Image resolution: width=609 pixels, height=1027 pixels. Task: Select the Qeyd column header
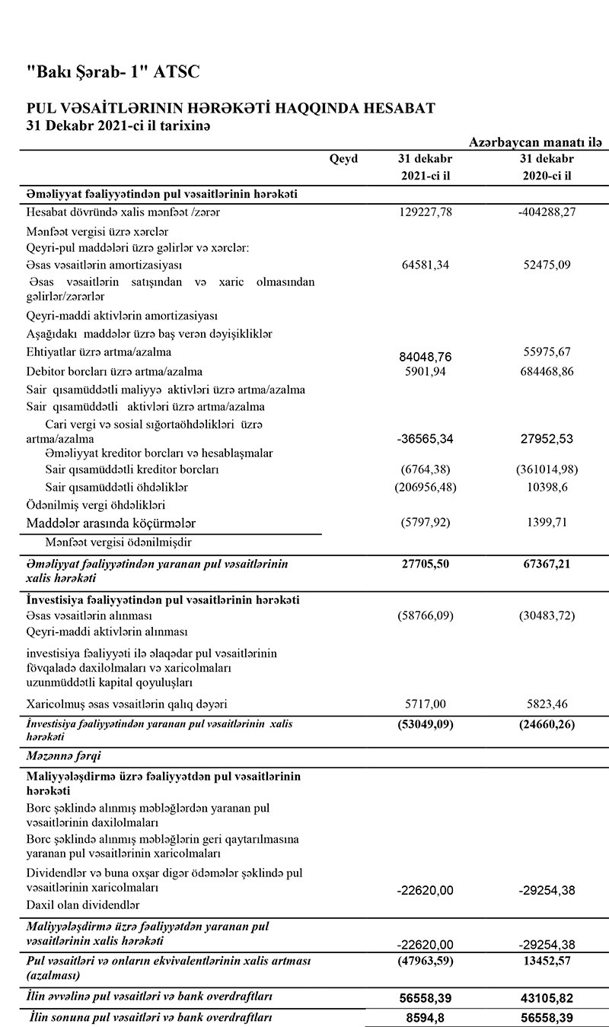(x=344, y=159)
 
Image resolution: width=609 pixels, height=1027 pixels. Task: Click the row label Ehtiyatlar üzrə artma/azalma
(x=99, y=352)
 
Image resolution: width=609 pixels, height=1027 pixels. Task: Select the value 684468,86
(x=546, y=371)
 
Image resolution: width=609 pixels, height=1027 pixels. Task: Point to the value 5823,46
(x=546, y=705)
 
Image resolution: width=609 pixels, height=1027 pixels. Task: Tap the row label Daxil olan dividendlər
(x=83, y=905)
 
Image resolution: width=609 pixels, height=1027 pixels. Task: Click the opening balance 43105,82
(x=546, y=996)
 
